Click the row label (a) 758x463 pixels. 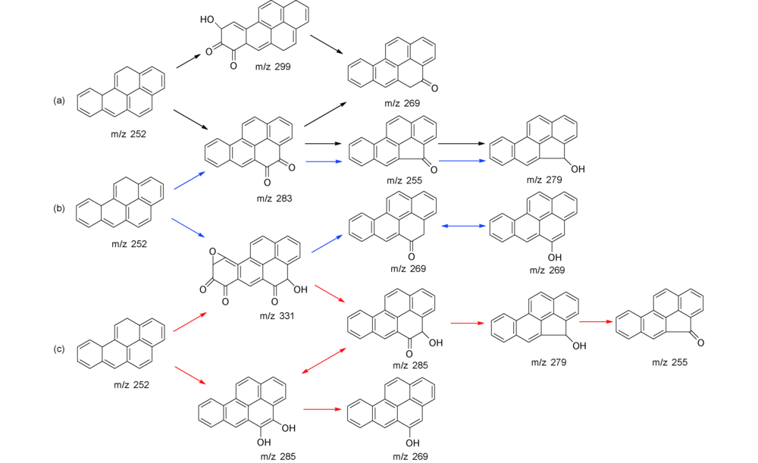(x=58, y=100)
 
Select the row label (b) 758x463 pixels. (x=58, y=208)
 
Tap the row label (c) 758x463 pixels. (x=58, y=349)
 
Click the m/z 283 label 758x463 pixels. (x=277, y=198)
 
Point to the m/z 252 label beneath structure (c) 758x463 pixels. (x=130, y=384)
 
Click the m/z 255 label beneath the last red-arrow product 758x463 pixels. (x=669, y=363)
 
